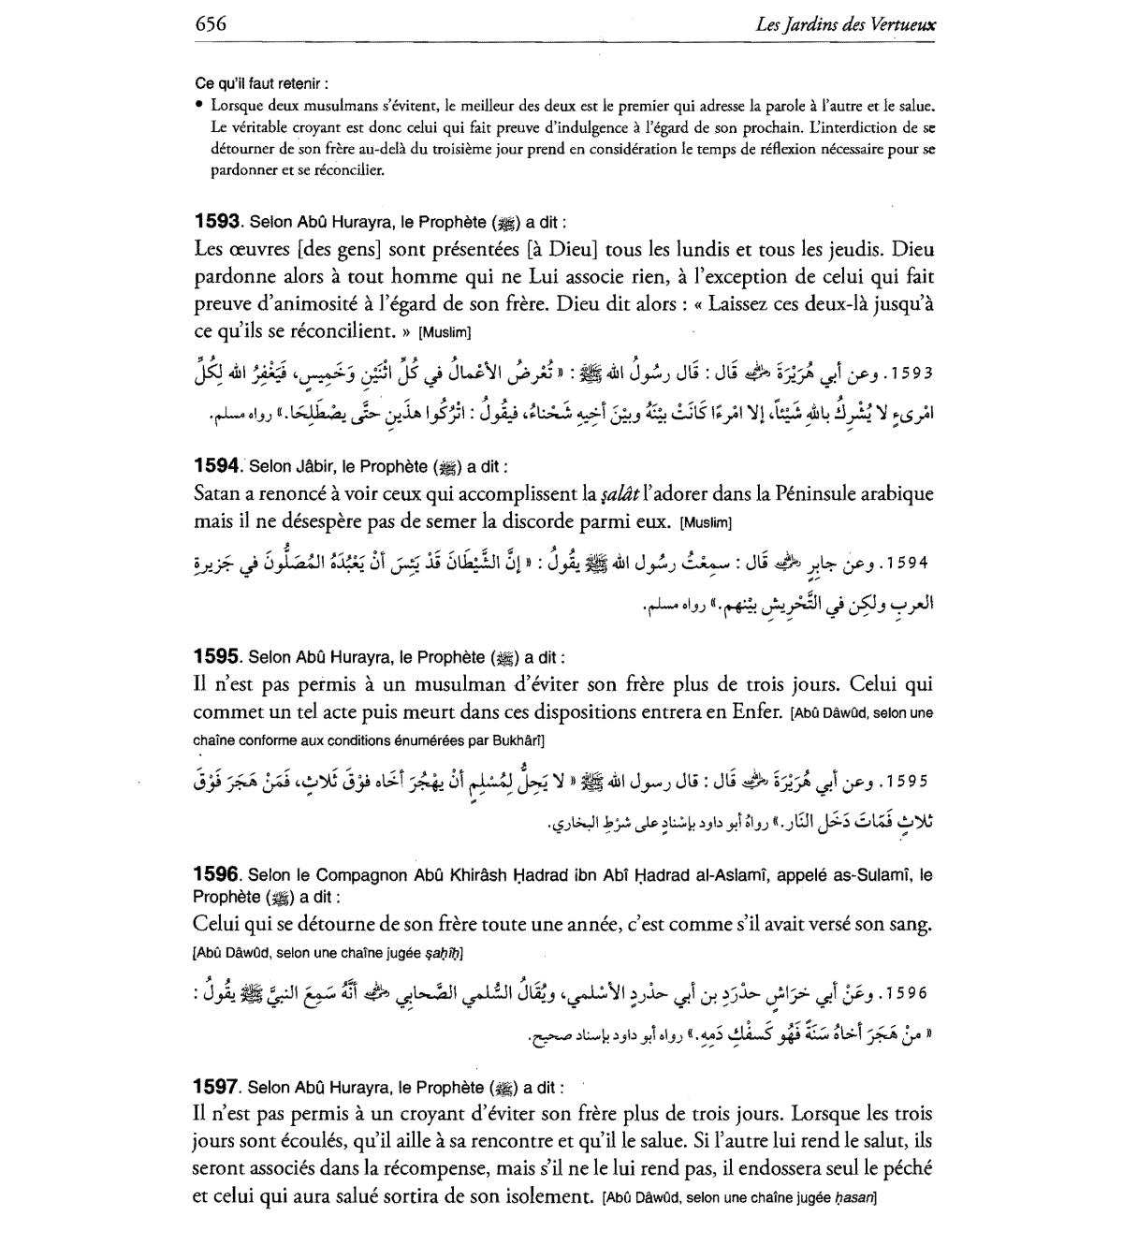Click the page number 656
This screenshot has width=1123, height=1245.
[211, 24]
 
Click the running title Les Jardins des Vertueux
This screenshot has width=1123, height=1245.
[845, 25]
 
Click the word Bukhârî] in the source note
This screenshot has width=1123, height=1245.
[509, 740]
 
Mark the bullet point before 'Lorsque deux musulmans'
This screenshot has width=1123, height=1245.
[200, 106]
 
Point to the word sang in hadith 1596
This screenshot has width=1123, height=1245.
[911, 925]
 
